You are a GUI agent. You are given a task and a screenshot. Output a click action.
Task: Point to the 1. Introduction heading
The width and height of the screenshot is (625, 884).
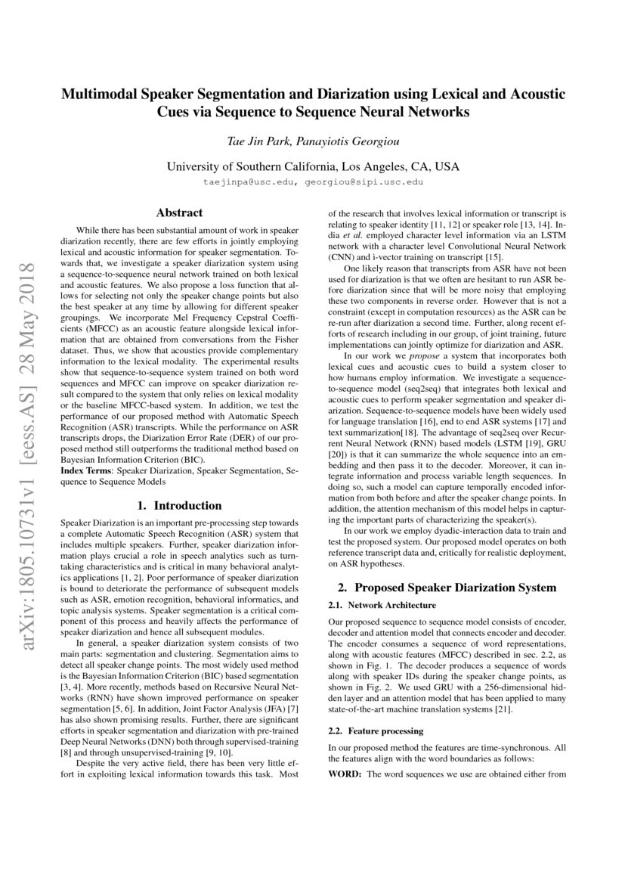pyautogui.click(x=179, y=505)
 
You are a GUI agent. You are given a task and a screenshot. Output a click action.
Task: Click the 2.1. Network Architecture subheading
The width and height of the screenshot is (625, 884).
pyautogui.click(x=382, y=606)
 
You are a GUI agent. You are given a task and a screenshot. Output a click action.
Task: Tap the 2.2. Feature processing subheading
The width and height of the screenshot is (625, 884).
pyautogui.click(x=376, y=731)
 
